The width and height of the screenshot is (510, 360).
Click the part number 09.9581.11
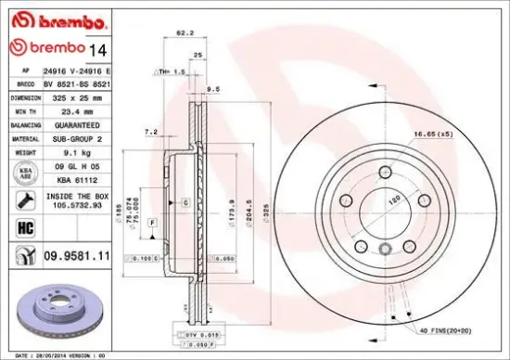[76, 253]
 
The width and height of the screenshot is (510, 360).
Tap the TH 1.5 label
[172, 71]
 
